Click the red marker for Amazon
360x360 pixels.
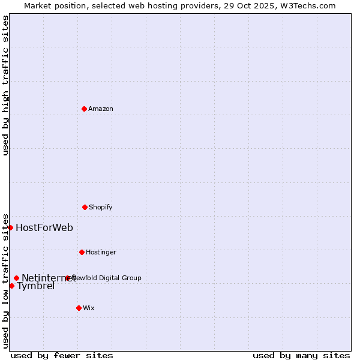84,109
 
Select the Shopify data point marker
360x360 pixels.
85,207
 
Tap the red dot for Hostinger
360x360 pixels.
82,252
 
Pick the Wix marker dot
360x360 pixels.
79,308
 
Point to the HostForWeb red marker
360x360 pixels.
10,227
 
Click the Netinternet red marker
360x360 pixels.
16,278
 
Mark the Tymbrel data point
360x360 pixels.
11,286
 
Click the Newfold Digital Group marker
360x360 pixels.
67,278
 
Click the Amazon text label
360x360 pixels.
101,109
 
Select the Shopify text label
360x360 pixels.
101,207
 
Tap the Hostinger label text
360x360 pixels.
101,252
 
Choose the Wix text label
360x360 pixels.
89,308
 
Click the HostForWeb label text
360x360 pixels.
44,227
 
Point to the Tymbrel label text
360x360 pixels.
36,286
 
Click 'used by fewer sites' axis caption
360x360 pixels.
62,355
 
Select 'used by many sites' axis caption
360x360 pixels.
301,355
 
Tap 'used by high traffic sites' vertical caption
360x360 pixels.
5,85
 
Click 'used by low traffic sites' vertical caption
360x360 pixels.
5,280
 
